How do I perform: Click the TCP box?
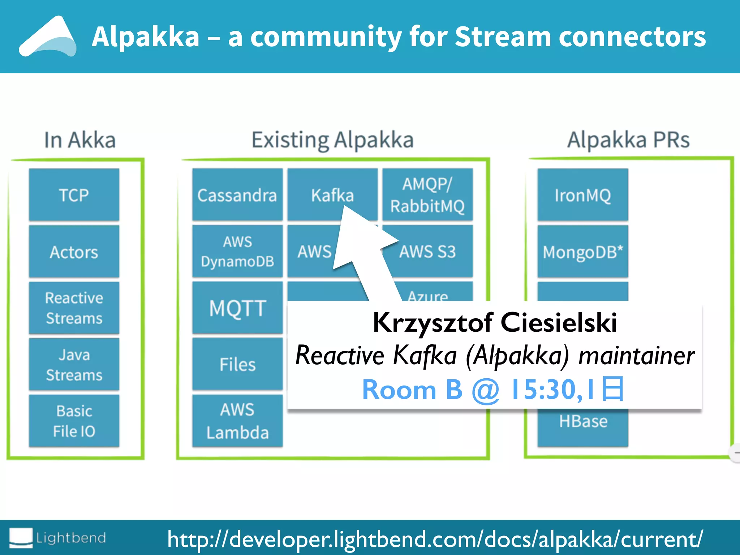pos(74,195)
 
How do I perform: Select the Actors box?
pos(74,251)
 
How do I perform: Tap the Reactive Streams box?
pos(74,308)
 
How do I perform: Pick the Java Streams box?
pos(74,364)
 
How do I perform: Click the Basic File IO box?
pos(74,421)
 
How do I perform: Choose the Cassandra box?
pos(237,195)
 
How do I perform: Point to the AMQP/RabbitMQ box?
pos(427,195)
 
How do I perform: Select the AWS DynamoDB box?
pos(237,251)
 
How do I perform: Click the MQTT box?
pos(237,308)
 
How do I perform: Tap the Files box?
pos(237,364)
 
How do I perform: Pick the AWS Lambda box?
pos(237,421)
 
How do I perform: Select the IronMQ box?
pos(582,195)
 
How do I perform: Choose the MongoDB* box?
pos(582,251)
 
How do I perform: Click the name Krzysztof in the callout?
pos(432,322)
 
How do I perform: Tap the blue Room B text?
pos(412,390)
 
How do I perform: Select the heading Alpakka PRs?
pos(628,140)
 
